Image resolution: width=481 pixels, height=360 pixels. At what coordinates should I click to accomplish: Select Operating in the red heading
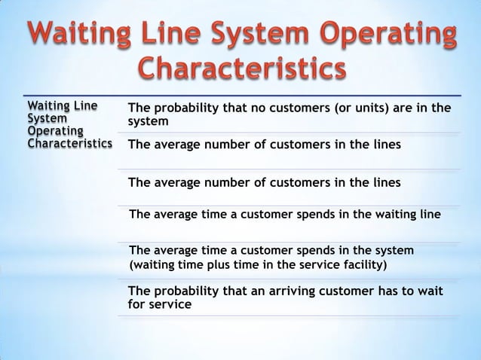pyautogui.click(x=369, y=35)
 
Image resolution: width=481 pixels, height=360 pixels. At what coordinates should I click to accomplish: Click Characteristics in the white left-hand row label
pyautogui.click(x=69, y=142)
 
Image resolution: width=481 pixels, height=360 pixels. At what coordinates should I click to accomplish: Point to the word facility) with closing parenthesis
pyautogui.click(x=362, y=265)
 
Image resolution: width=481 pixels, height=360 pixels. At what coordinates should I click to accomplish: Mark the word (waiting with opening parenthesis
pyautogui.click(x=155, y=265)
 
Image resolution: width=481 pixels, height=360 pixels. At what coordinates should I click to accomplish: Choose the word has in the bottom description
pyautogui.click(x=384, y=291)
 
